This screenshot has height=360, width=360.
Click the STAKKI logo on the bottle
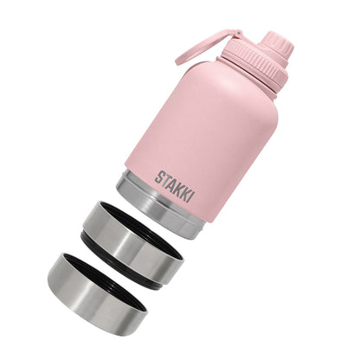point(176,182)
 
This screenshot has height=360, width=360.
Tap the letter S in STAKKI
point(160,175)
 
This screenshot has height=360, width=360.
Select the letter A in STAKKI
point(171,180)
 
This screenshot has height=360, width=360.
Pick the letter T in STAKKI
point(165,177)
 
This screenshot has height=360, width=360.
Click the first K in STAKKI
point(178,183)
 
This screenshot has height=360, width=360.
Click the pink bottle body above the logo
point(199,130)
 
